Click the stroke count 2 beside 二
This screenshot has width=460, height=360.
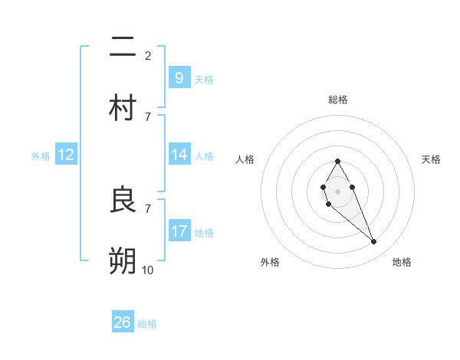click(x=148, y=55)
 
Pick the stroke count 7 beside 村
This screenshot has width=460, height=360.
click(x=148, y=116)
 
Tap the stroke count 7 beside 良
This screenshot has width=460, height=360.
click(x=148, y=208)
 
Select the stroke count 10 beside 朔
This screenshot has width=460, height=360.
click(x=148, y=270)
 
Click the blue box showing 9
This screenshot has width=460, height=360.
click(x=179, y=77)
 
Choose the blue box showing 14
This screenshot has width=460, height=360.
click(x=179, y=155)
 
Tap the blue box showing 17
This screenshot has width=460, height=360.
click(x=179, y=231)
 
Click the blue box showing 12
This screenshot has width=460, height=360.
click(x=66, y=155)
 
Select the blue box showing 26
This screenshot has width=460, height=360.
click(x=122, y=322)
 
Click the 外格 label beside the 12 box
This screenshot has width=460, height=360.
click(x=41, y=156)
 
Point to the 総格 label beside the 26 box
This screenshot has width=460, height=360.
click(x=147, y=324)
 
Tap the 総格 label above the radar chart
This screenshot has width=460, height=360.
click(x=338, y=100)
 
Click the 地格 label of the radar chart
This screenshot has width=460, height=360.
click(x=402, y=262)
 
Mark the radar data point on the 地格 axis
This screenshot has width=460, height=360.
click(x=374, y=242)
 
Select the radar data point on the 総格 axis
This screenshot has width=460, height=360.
click(x=337, y=161)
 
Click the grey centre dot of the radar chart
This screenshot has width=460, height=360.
click(x=337, y=190)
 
